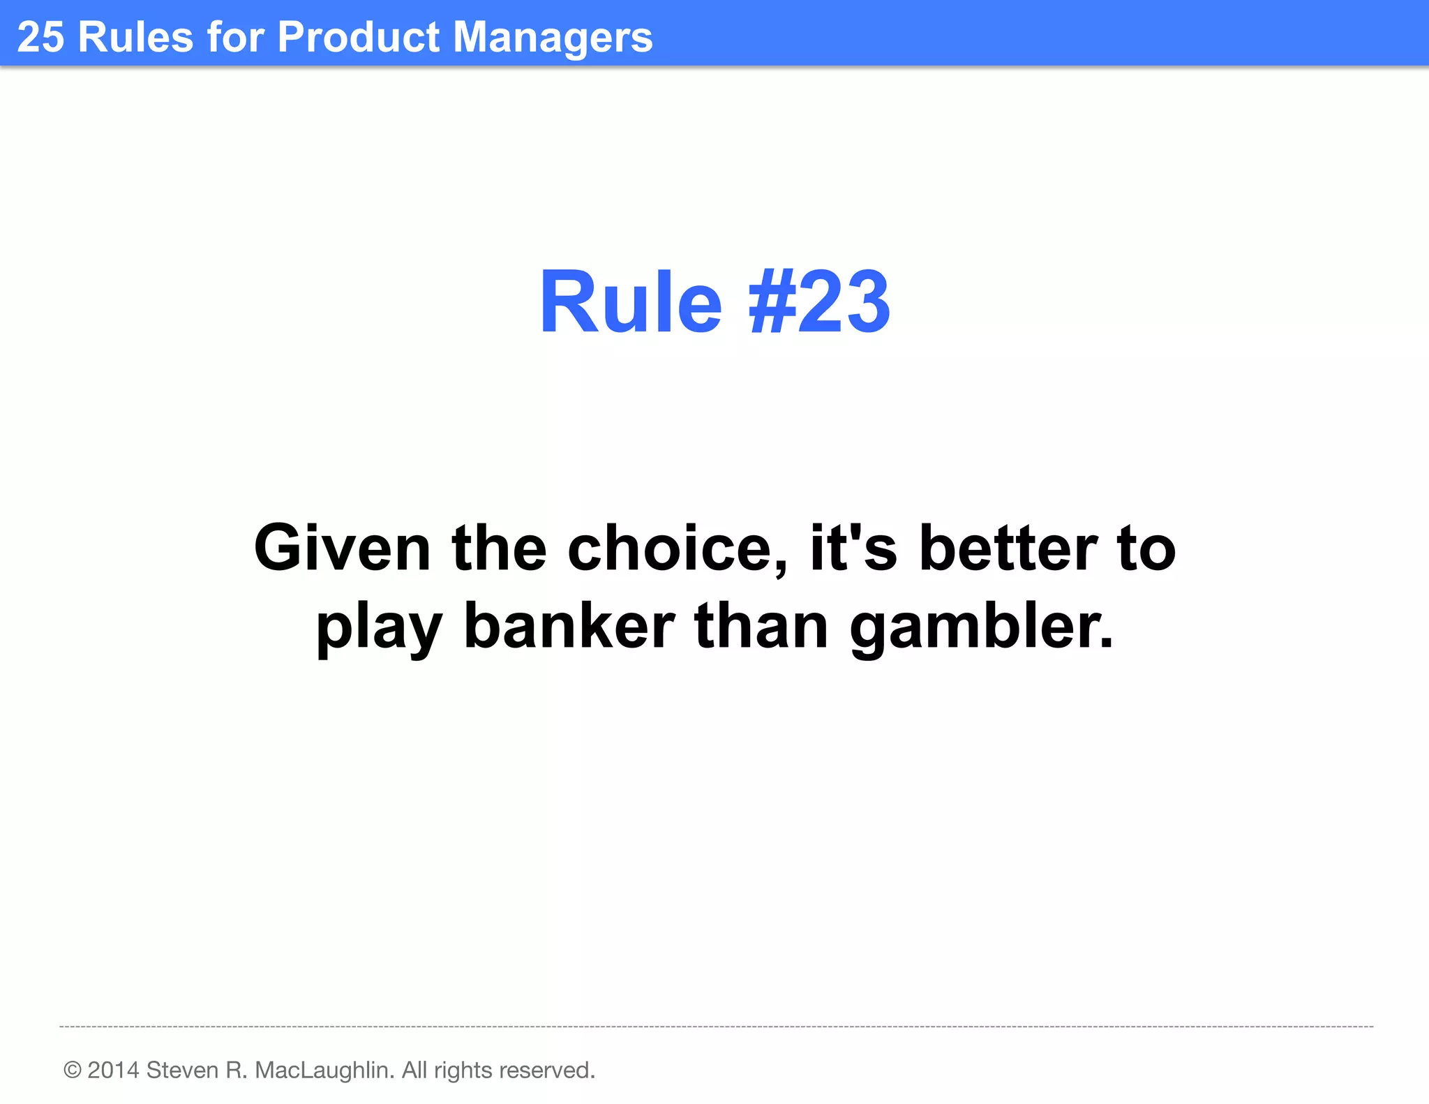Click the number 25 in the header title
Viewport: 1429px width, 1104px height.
(x=40, y=37)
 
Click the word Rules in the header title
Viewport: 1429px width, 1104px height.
(x=135, y=37)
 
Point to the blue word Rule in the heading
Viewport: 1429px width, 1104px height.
(x=630, y=303)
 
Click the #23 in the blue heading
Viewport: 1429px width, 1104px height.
(x=819, y=303)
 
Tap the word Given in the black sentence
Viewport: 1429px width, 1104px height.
(x=342, y=549)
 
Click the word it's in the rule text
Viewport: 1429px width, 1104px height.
(x=853, y=549)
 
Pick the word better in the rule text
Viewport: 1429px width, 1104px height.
(x=1008, y=549)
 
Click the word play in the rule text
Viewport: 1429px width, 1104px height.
(x=379, y=627)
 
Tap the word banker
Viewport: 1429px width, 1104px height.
(x=569, y=625)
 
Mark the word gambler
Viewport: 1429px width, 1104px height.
(x=981, y=627)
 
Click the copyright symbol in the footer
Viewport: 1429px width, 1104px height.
(x=72, y=1070)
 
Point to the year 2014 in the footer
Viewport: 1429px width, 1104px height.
(x=113, y=1070)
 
